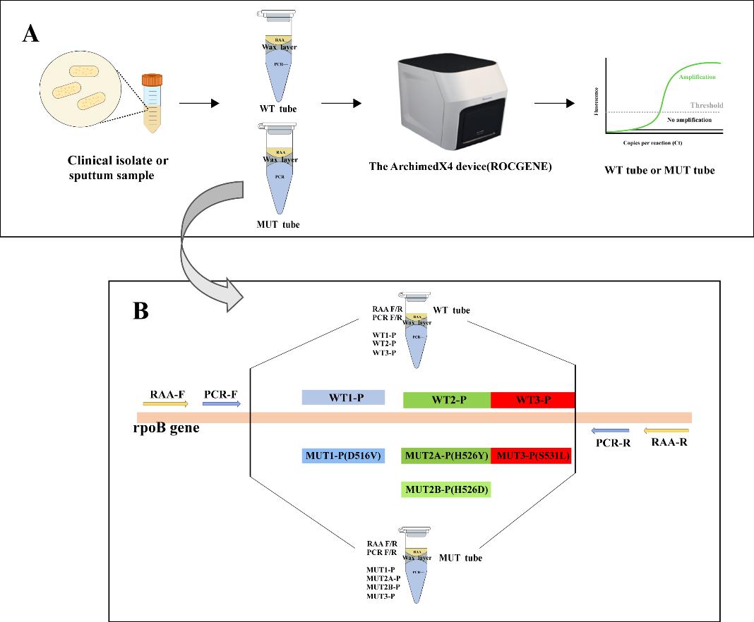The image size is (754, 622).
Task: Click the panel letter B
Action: pyautogui.click(x=140, y=311)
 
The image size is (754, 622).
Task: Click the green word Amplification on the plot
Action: pyautogui.click(x=696, y=76)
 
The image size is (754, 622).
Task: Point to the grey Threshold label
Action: pyautogui.click(x=706, y=106)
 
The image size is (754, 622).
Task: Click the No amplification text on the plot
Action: pyautogui.click(x=687, y=121)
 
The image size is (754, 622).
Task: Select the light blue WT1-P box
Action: pyautogui.click(x=342, y=398)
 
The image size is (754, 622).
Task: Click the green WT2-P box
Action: pyautogui.click(x=446, y=400)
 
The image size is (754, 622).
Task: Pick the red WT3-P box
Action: pyautogui.click(x=532, y=400)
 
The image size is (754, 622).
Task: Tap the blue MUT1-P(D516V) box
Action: pyautogui.click(x=342, y=456)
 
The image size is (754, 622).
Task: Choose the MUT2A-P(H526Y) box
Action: pyautogui.click(x=445, y=456)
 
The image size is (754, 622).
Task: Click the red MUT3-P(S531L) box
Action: pyautogui.click(x=532, y=456)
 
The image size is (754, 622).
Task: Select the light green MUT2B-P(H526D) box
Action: pyautogui.click(x=445, y=489)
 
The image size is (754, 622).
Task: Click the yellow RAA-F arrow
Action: pyautogui.click(x=165, y=404)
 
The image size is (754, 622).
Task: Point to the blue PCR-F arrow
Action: pyautogui.click(x=222, y=404)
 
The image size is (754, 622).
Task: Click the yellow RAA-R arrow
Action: pyautogui.click(x=666, y=430)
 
